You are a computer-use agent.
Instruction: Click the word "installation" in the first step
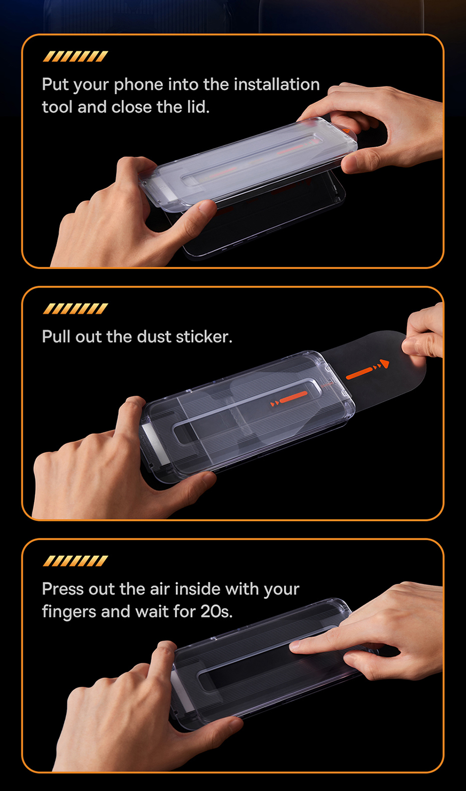click(277, 84)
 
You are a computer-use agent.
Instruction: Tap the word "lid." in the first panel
click(198, 107)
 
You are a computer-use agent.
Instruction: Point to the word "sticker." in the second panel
click(204, 337)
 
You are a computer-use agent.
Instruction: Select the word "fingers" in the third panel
click(69, 612)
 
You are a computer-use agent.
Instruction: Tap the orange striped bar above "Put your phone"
click(76, 57)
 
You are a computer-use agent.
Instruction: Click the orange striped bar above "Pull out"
click(76, 308)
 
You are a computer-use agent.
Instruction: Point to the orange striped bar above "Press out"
click(76, 561)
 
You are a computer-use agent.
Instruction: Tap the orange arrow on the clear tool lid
click(289, 398)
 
